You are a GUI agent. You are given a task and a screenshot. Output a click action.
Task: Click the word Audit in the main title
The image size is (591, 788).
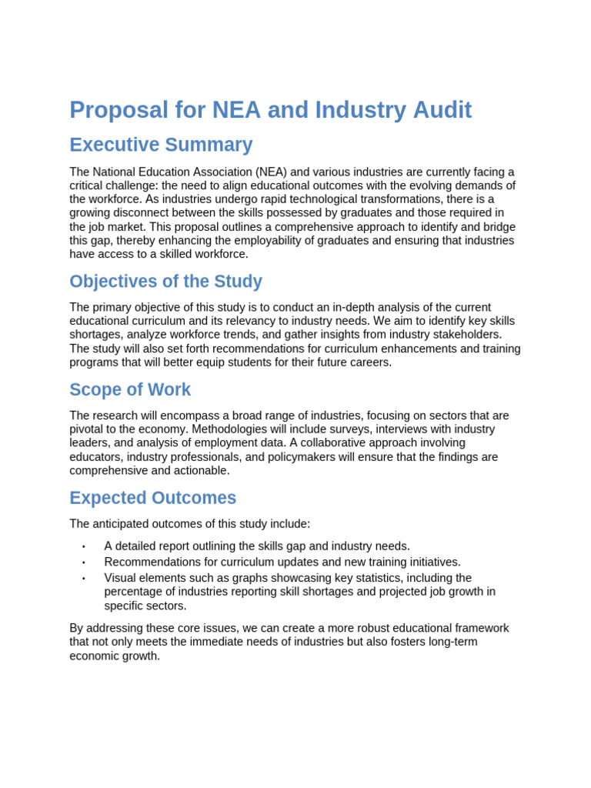coord(435,110)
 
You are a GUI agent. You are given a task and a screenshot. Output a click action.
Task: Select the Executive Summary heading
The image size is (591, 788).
coord(161,145)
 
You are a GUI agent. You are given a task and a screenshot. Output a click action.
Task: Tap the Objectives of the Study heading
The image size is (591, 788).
coord(165,282)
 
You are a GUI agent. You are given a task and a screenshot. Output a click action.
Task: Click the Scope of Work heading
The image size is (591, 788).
coord(130,389)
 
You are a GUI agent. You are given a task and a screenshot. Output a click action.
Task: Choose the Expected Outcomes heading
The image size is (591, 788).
coord(152,498)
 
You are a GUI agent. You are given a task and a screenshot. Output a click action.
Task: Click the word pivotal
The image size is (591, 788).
coord(89,429)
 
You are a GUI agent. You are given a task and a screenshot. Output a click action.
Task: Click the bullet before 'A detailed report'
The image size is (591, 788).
coord(83,546)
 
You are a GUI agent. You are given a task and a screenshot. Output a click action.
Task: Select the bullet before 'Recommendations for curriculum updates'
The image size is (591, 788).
coord(83,563)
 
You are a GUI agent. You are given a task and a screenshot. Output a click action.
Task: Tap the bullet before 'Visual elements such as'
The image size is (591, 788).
coord(83,579)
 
